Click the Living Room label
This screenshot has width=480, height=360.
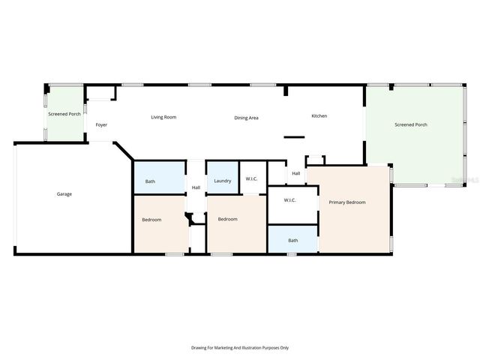(x=163, y=117)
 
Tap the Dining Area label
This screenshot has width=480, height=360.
(x=246, y=118)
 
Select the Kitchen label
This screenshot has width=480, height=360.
(x=319, y=115)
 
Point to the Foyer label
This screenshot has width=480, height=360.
(x=100, y=125)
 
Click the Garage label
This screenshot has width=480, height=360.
(x=64, y=193)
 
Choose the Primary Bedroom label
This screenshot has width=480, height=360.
(x=347, y=202)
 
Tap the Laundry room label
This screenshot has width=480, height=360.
(x=222, y=181)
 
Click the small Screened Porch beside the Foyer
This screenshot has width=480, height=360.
(x=64, y=114)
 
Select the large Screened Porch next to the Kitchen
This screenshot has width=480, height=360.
(x=411, y=124)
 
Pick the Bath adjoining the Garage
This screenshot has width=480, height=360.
(x=150, y=181)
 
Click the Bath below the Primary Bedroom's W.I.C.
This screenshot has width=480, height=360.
(x=292, y=240)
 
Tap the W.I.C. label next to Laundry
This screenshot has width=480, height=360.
(x=252, y=178)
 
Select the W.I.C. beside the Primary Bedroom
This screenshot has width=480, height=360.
(x=289, y=199)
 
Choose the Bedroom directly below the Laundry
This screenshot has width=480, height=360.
(x=227, y=219)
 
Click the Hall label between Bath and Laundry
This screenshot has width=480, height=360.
(x=196, y=187)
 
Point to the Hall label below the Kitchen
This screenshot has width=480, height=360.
(x=296, y=173)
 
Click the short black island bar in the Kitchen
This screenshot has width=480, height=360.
(x=293, y=136)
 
